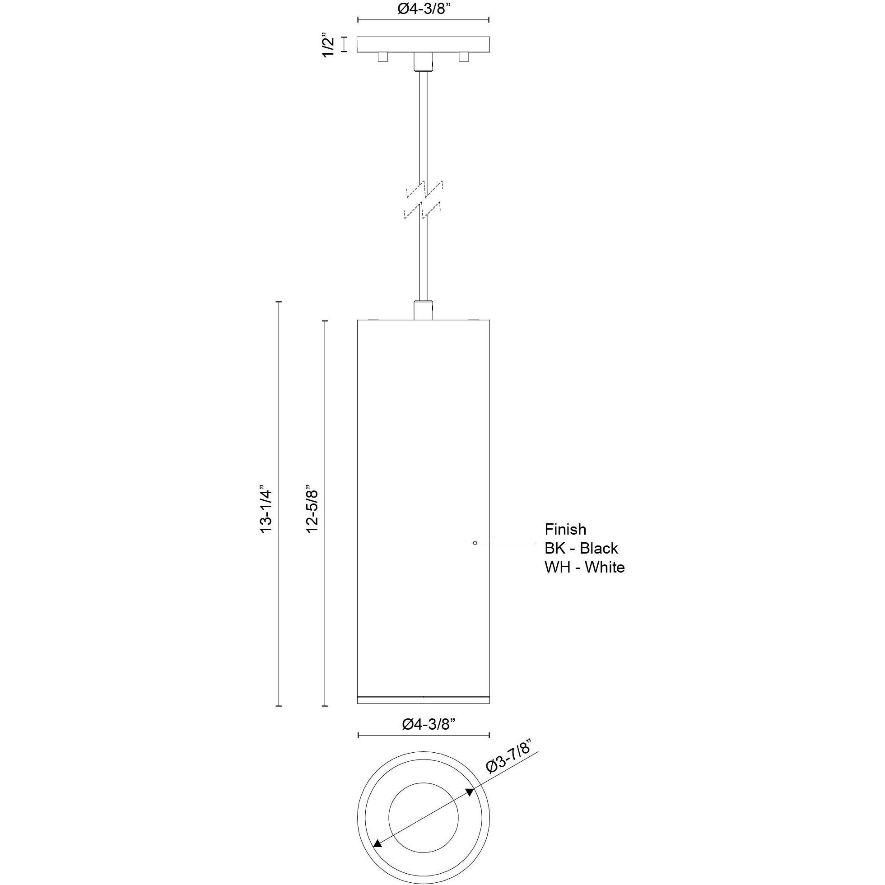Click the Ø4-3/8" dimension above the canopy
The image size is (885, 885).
point(422,9)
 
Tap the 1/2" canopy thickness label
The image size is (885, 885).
point(329,44)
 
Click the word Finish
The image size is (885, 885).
point(565,530)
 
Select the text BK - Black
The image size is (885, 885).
point(581,548)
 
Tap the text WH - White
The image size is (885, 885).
point(584,568)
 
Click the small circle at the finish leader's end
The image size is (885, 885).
point(475,543)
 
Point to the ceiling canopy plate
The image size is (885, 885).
point(423,44)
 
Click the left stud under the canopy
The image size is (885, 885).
point(383,57)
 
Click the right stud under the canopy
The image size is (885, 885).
point(464,57)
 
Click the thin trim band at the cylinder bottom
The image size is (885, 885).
point(423,713)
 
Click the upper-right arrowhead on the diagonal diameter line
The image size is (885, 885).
point(470,792)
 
